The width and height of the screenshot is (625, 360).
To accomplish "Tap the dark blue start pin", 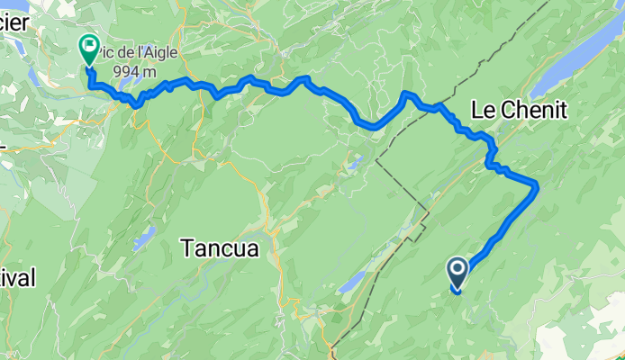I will click(x=457, y=273).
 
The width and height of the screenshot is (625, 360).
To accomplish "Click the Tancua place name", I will click(x=221, y=247).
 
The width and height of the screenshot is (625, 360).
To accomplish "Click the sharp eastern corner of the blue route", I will click(x=537, y=185).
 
